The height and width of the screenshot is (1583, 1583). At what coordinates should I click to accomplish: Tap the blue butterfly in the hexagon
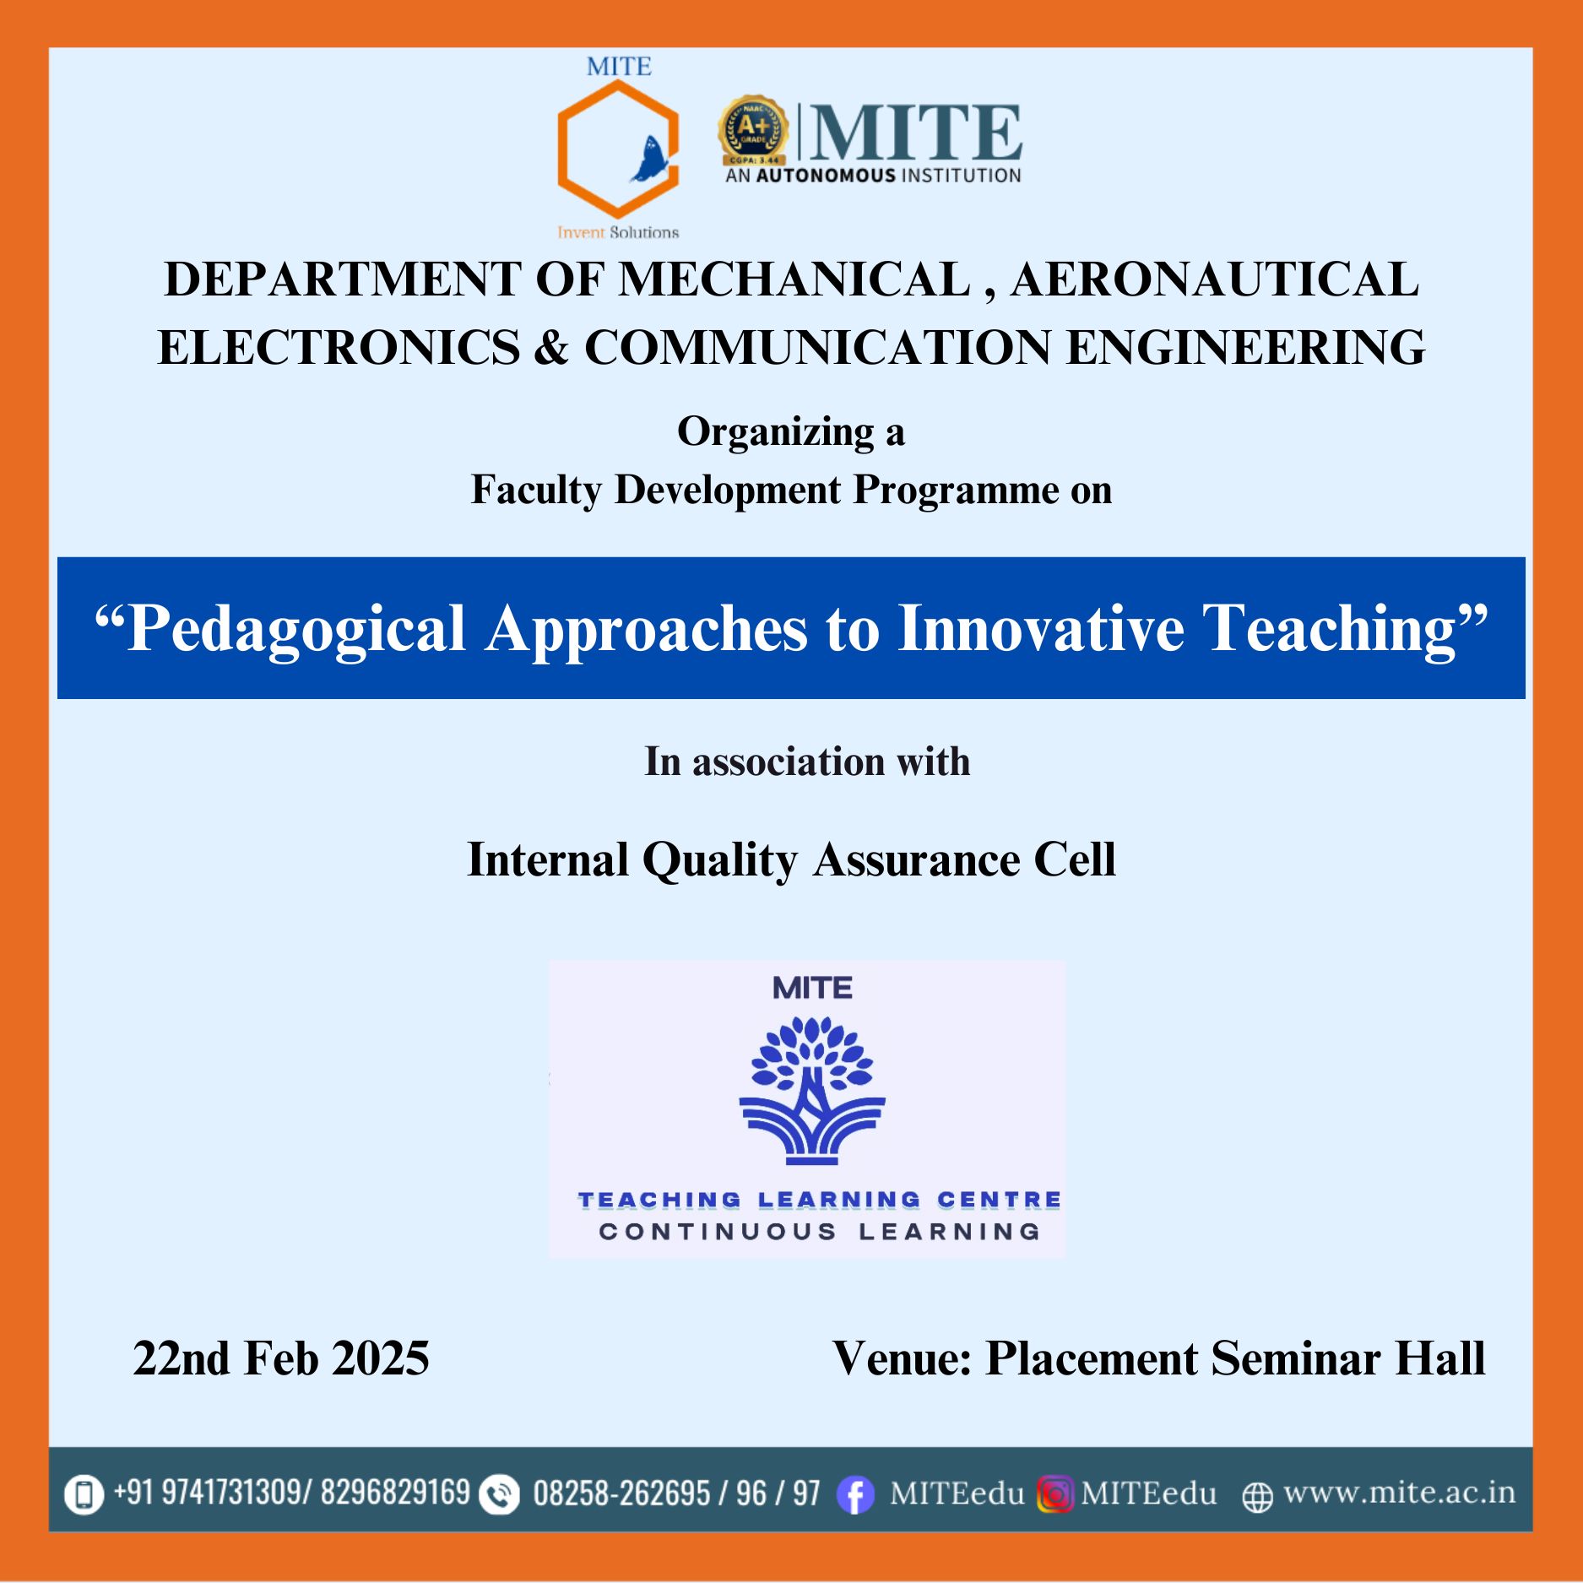point(649,160)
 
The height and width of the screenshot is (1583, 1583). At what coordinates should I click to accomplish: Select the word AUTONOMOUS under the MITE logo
point(826,176)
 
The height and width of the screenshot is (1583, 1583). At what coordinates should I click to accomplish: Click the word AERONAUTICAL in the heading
point(1215,279)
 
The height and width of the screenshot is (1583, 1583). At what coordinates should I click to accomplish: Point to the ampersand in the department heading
point(551,348)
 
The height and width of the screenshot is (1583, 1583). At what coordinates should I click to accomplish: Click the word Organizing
point(776,433)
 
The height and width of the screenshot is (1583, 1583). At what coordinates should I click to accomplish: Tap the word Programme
point(957,491)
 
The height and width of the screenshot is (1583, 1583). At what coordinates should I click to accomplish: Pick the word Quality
point(720,861)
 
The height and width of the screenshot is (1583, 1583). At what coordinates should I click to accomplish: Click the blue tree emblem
point(812,1090)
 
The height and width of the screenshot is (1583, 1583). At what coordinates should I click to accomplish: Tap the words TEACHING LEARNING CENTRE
point(819,1200)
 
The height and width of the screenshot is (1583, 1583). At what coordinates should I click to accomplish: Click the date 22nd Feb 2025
point(281,1358)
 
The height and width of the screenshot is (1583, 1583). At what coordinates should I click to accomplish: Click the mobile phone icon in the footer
point(84,1494)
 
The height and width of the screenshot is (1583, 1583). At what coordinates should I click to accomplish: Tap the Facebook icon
point(855,1495)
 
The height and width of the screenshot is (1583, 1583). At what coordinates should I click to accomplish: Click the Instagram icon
point(1054,1494)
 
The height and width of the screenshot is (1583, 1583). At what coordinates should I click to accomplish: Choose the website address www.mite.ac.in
point(1399,1493)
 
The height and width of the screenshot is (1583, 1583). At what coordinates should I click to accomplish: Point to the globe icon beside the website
point(1257,1497)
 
